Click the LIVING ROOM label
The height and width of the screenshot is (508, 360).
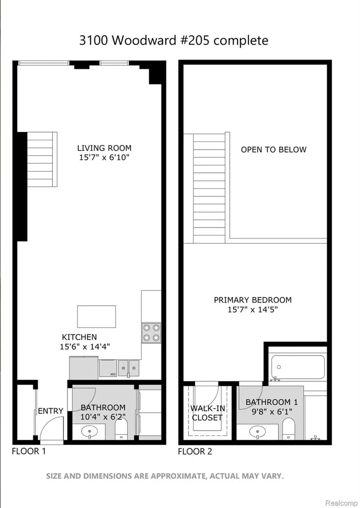click(x=104, y=148)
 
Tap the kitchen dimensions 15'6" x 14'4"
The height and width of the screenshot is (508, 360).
click(x=85, y=347)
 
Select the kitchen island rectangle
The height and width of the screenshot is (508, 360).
click(x=96, y=317)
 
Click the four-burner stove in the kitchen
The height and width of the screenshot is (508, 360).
click(x=151, y=333)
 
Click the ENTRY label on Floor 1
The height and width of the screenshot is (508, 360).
click(x=51, y=411)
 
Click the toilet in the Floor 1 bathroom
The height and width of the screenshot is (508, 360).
click(x=121, y=430)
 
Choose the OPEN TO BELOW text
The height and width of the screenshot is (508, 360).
click(x=274, y=149)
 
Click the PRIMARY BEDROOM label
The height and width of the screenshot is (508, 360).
click(x=253, y=300)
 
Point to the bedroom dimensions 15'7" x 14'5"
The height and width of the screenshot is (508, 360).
click(x=253, y=310)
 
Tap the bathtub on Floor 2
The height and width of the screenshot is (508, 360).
click(x=298, y=367)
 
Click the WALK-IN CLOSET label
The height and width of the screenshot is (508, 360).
click(x=208, y=413)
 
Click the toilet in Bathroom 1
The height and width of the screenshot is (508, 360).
click(x=288, y=429)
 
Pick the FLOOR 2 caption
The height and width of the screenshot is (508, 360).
click(x=195, y=451)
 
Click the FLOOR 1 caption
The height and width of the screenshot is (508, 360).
click(x=29, y=451)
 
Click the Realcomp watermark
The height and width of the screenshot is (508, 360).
click(x=341, y=503)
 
